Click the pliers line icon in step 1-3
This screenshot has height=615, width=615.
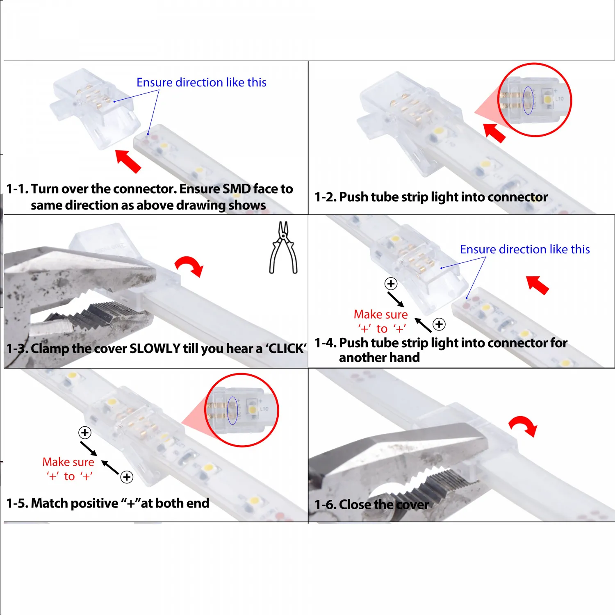click(x=283, y=248)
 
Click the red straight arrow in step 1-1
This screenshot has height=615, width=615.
click(x=128, y=161)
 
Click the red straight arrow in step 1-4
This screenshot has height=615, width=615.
click(x=538, y=285)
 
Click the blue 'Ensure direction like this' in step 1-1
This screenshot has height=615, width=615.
click(x=201, y=82)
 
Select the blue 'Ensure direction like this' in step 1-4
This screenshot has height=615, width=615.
click(x=524, y=249)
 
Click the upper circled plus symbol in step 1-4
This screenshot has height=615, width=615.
click(x=391, y=284)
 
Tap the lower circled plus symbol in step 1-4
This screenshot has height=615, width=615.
click(x=439, y=324)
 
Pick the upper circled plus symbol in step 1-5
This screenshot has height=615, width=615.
click(x=85, y=433)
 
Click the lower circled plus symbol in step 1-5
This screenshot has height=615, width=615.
click(x=127, y=477)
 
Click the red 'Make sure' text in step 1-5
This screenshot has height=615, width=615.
click(x=68, y=462)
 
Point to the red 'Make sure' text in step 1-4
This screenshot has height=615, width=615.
click(x=380, y=314)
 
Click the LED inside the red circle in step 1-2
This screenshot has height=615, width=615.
click(x=547, y=99)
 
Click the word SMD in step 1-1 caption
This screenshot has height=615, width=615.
click(x=236, y=189)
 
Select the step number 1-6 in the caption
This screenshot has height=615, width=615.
click(x=325, y=504)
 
